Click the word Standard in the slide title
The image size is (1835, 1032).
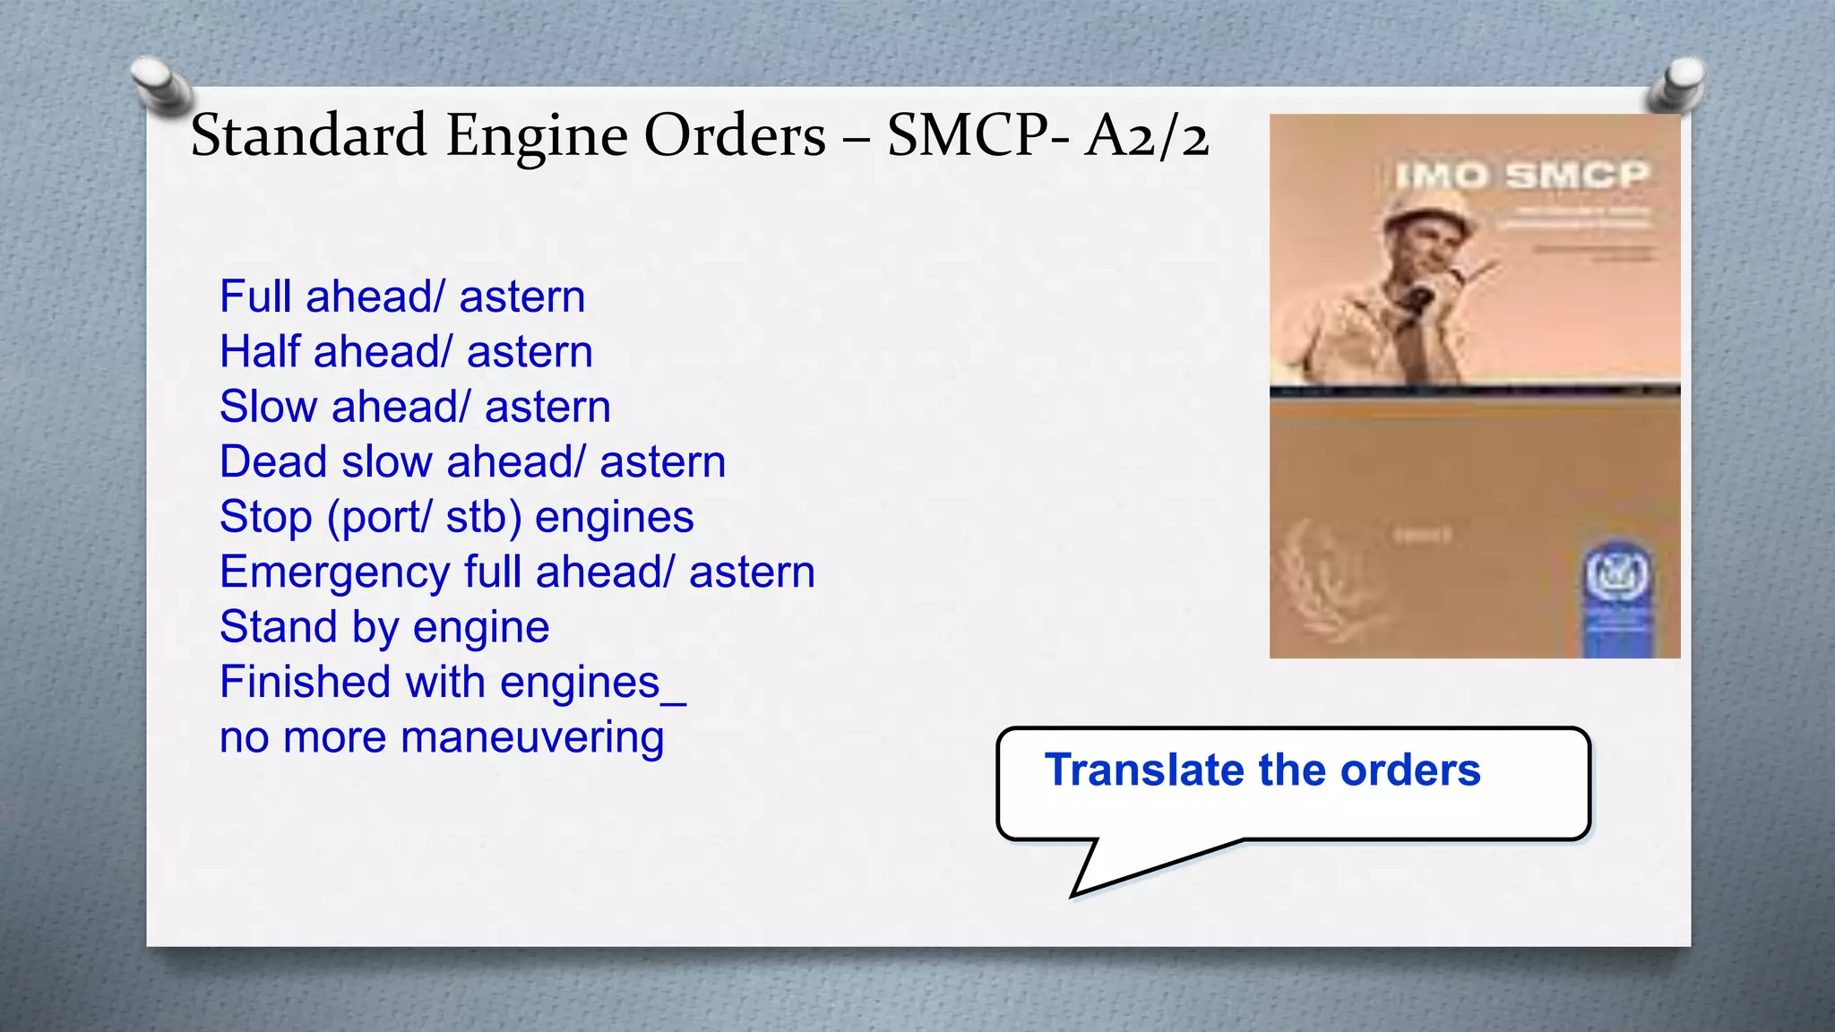(308, 136)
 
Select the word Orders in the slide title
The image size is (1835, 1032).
(735, 136)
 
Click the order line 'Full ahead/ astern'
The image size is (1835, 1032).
(402, 297)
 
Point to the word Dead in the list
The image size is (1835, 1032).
(273, 461)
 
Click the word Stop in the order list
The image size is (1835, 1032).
(265, 517)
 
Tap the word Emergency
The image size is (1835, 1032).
(334, 572)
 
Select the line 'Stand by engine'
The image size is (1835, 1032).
(384, 627)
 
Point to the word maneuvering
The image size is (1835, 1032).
(532, 737)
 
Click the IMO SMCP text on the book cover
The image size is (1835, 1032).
(1521, 175)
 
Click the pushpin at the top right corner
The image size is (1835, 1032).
(1677, 82)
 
